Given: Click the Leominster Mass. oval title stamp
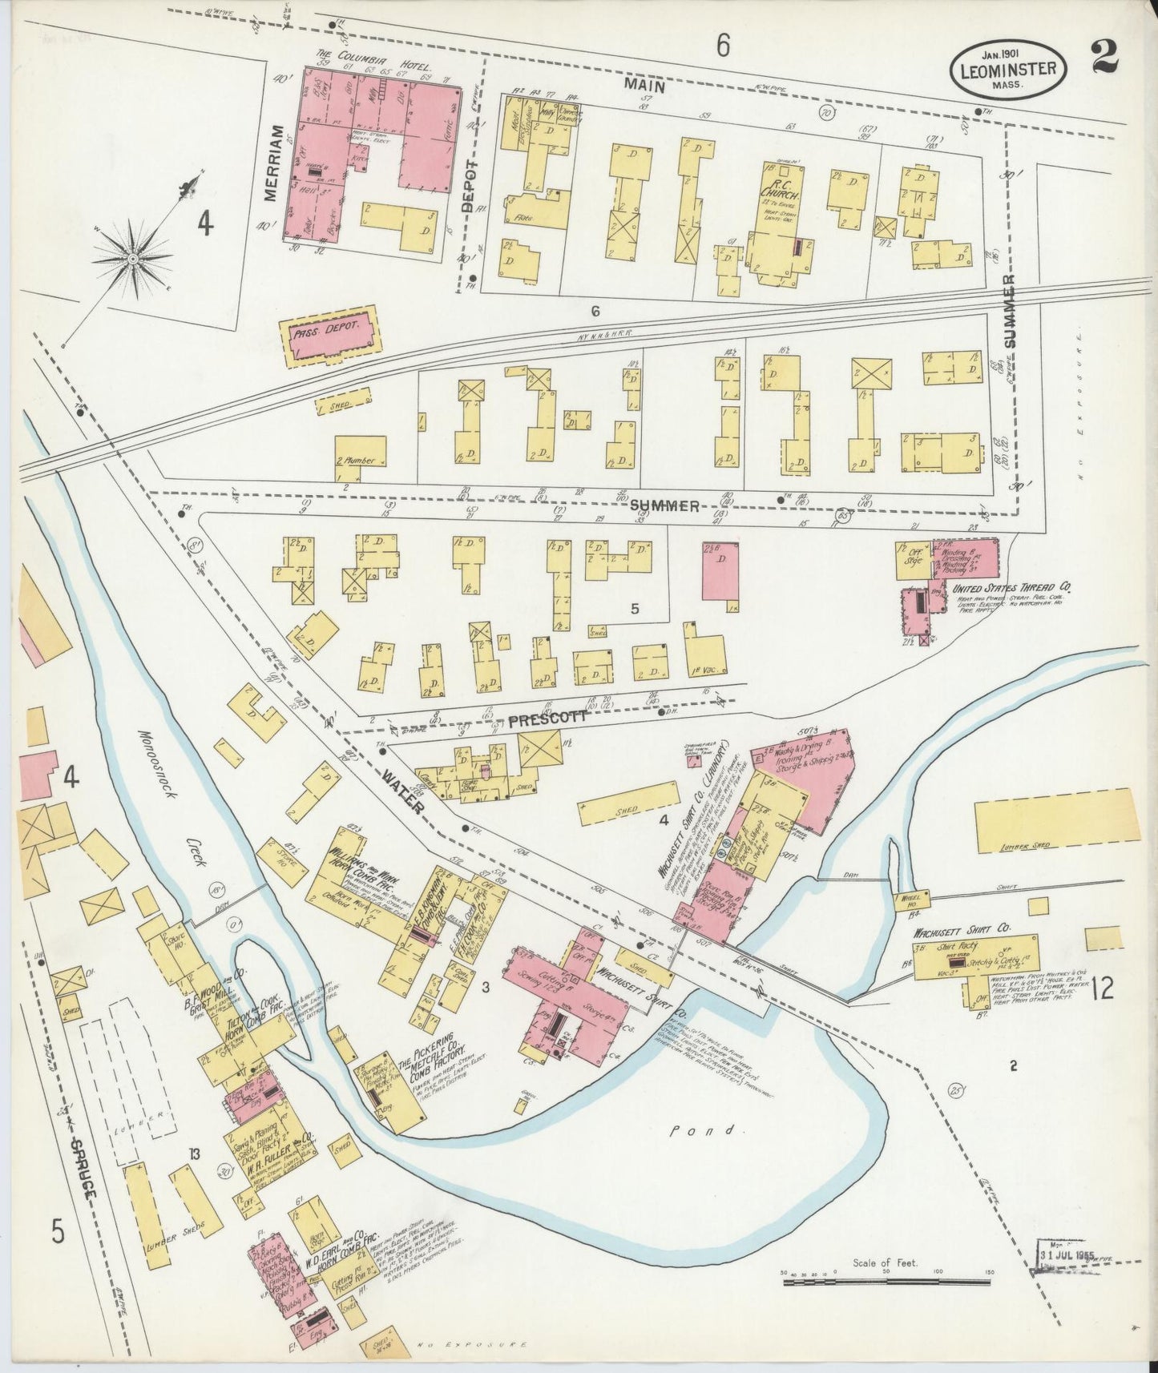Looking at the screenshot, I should [x=1008, y=69].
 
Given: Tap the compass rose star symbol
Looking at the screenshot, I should [x=133, y=259].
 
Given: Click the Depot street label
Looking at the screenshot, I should [x=470, y=185].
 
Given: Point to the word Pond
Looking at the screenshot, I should [x=693, y=1130].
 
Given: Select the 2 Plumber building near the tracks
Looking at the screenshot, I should [x=360, y=458].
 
